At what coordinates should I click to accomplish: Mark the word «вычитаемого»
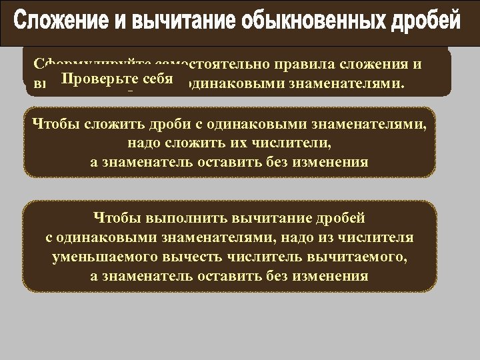click(350, 257)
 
